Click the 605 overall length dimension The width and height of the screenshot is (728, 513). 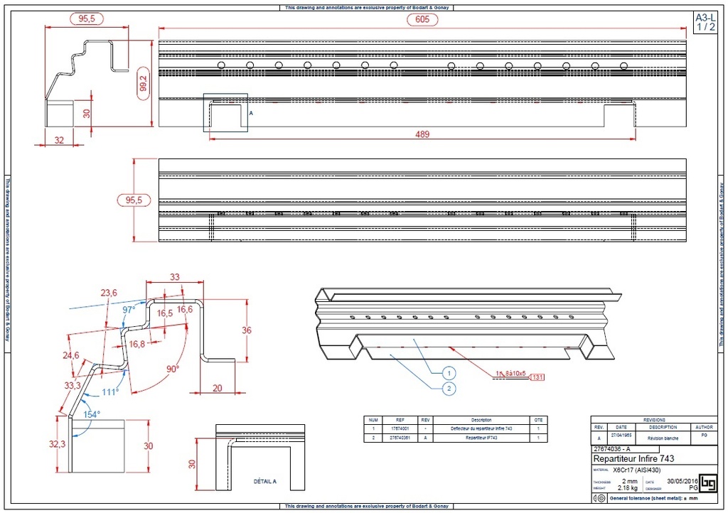tap(422, 20)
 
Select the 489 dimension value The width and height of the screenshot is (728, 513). tap(422, 135)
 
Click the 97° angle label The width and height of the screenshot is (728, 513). tap(129, 310)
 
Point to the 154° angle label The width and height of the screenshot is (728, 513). tap(92, 414)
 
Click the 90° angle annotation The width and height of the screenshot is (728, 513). tap(173, 369)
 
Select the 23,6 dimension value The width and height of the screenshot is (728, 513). tap(109, 292)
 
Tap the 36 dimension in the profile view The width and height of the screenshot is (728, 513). tap(247, 330)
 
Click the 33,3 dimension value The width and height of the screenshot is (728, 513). tap(73, 386)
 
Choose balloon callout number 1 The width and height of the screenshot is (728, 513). tap(449, 372)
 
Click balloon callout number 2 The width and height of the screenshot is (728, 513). tap(449, 388)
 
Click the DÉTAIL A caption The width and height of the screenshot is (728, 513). tap(264, 481)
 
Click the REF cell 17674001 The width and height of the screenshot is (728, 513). tap(400, 429)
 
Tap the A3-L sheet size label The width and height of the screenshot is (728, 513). tap(705, 17)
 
